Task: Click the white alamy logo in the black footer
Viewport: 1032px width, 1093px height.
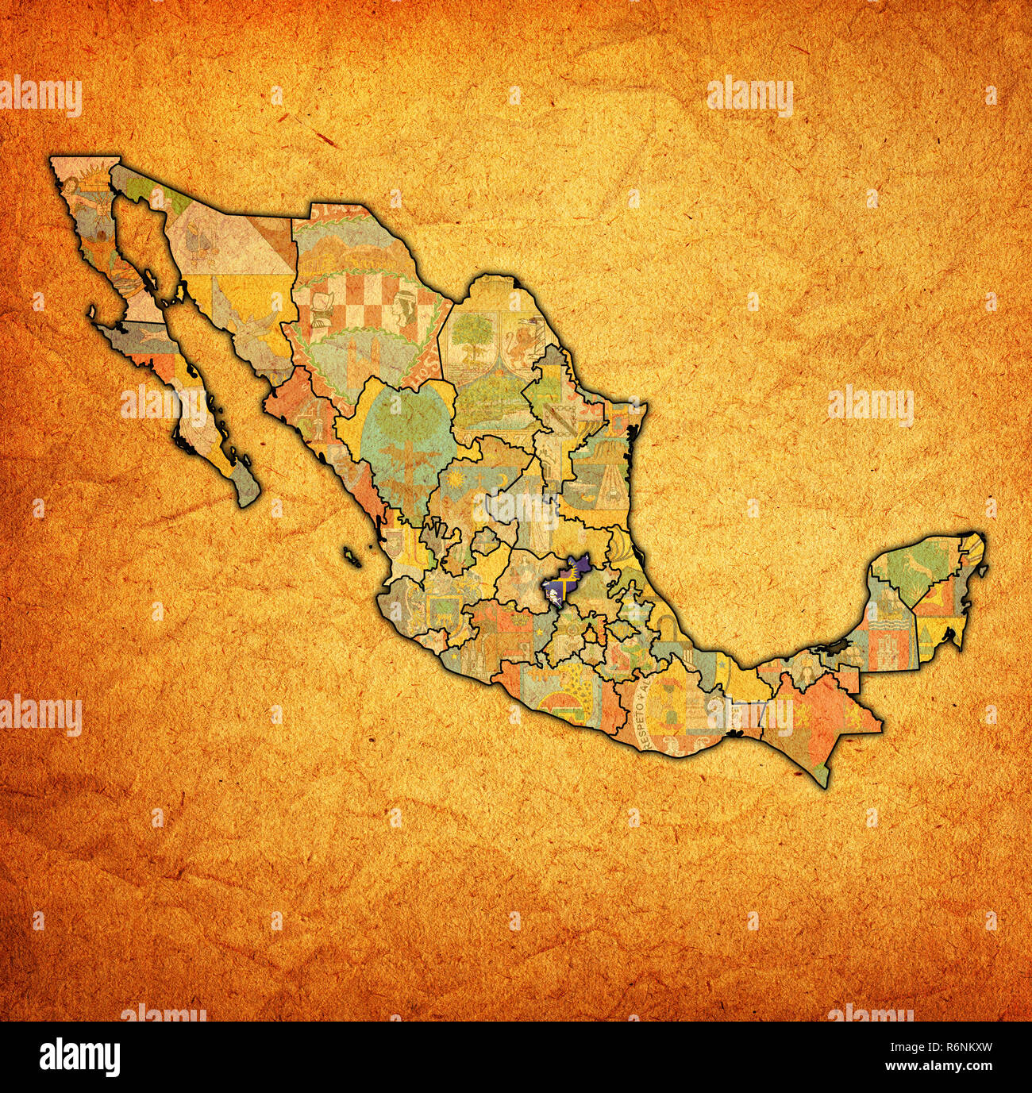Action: point(80,1056)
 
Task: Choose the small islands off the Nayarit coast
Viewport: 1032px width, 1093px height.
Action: point(352,556)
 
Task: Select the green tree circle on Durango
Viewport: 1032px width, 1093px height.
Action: point(400,429)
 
